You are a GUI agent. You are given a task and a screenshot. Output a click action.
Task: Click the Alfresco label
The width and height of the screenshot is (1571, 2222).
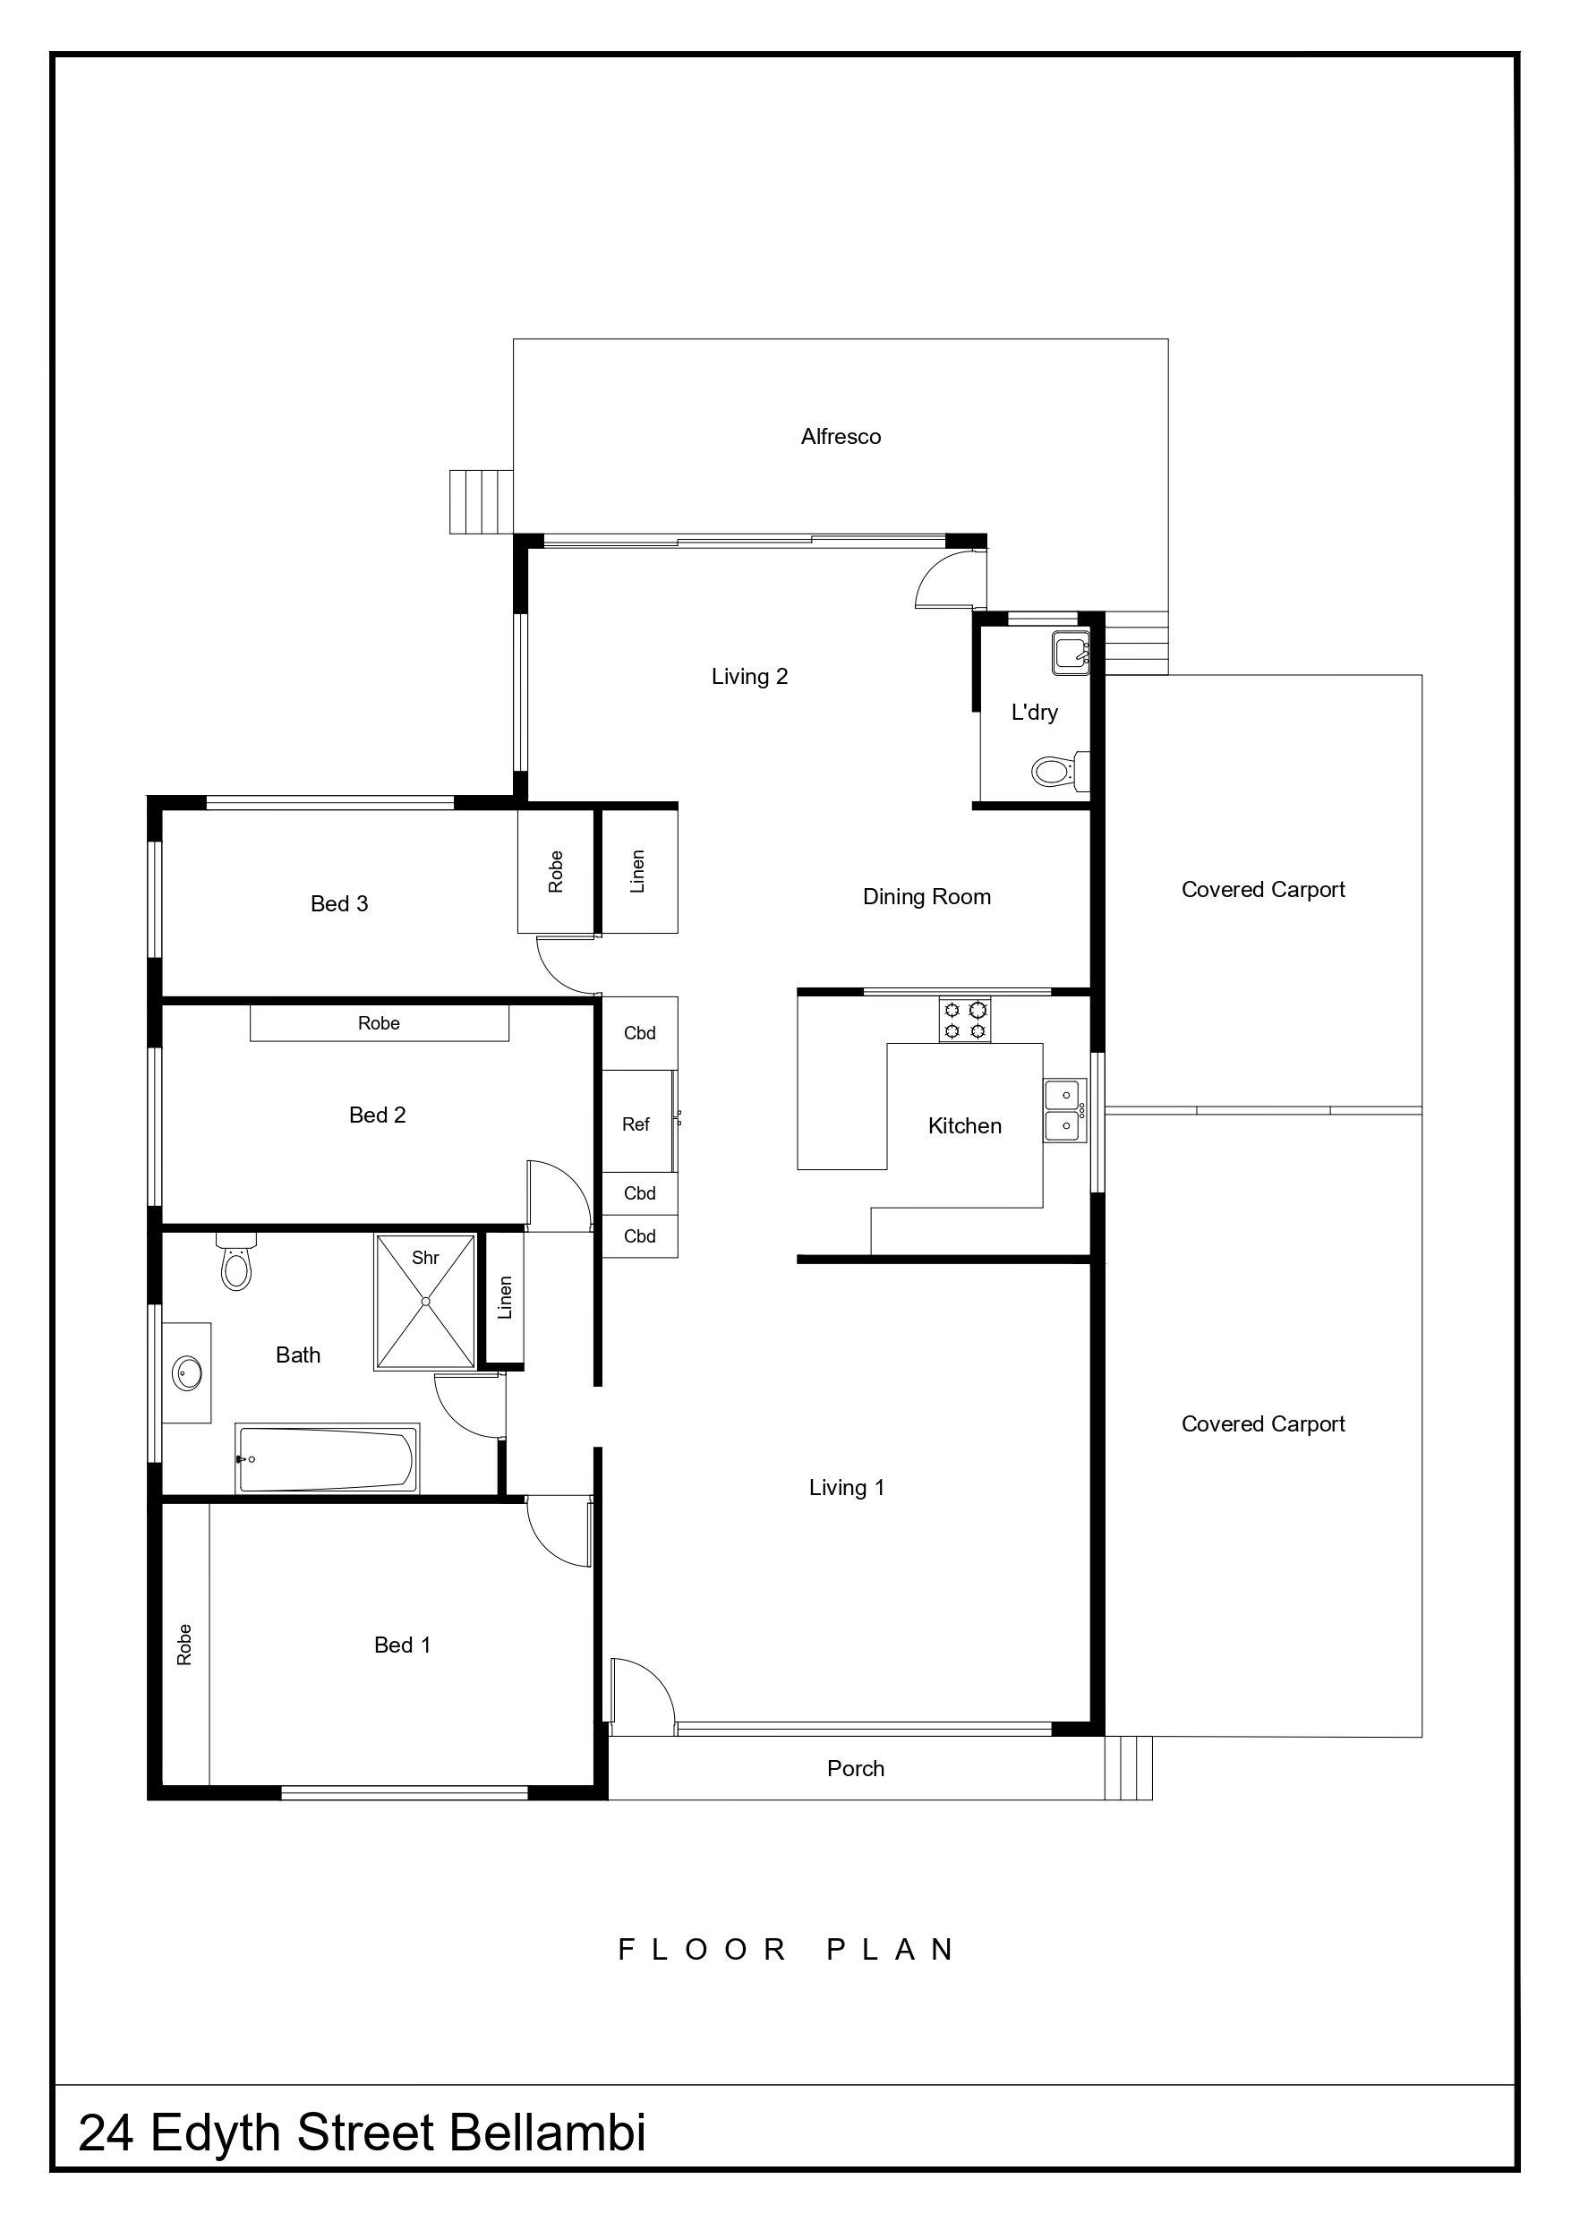pos(841,437)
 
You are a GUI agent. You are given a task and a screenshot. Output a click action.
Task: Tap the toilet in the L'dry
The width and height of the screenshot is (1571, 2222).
pos(1060,772)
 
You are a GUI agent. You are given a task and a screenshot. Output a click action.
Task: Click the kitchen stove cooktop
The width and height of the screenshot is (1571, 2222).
pos(965,1019)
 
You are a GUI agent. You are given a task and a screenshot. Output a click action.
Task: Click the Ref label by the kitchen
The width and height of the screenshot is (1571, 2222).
pos(636,1124)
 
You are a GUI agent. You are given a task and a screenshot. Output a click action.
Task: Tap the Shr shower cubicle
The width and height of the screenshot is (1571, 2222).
pos(425,1302)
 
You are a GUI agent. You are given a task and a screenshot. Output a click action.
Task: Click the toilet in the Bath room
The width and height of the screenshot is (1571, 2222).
pos(236,1261)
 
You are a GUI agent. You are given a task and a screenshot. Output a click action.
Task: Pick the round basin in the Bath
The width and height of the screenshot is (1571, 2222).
pos(187,1372)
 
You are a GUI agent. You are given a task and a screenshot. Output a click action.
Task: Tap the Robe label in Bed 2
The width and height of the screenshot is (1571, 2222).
pos(379,1023)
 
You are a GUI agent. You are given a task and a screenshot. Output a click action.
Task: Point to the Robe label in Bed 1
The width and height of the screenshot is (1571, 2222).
pos(184,1645)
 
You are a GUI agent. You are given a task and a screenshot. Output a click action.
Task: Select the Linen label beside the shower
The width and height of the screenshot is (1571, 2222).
pos(504,1298)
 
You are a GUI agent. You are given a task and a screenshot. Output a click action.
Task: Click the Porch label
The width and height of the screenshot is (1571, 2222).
pos(856,1768)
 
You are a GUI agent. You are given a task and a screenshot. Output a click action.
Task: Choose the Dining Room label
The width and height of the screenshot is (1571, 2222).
pos(926,897)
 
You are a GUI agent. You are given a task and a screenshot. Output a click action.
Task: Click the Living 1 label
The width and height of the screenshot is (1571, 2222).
pos(847,1488)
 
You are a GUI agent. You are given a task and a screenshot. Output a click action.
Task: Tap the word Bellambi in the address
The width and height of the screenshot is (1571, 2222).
pos(548,2133)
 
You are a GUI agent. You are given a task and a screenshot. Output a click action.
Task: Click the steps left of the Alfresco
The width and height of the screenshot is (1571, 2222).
pos(481,501)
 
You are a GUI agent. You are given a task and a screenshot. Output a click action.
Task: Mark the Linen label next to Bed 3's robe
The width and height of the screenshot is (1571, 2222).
pos(637,871)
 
